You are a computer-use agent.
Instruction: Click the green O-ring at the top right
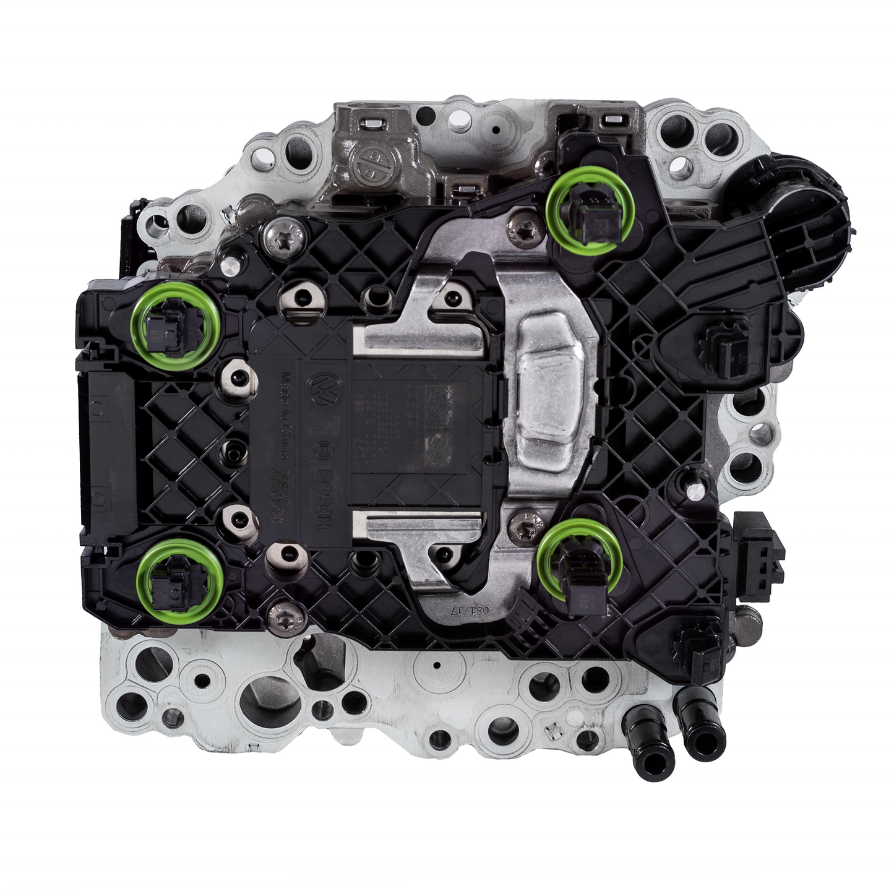click(x=591, y=212)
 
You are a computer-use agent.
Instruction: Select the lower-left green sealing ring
click(x=179, y=581)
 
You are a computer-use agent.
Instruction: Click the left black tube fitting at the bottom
click(x=644, y=733)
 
